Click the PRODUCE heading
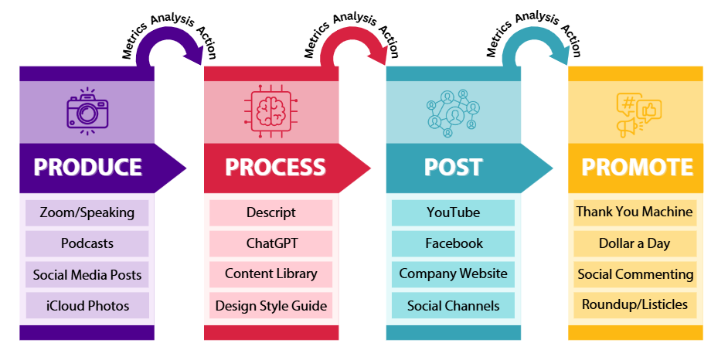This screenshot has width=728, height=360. click(87, 167)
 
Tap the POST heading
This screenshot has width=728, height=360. click(453, 167)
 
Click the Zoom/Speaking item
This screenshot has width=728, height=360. click(87, 212)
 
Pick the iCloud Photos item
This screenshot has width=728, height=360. click(87, 306)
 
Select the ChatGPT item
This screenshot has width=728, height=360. click(271, 243)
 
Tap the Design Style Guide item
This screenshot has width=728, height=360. click(271, 306)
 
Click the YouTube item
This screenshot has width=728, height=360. click(453, 212)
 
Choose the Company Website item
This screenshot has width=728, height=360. click(453, 273)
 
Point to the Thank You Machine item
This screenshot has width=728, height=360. click(634, 212)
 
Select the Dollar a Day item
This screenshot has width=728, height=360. click(634, 243)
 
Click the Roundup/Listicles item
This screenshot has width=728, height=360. click(634, 304)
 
